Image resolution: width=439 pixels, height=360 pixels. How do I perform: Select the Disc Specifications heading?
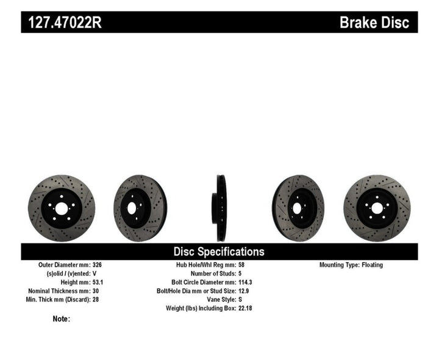click(x=219, y=251)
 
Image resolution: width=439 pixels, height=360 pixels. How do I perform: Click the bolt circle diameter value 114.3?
click(x=245, y=283)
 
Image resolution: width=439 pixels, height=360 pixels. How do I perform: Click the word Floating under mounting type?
click(x=371, y=265)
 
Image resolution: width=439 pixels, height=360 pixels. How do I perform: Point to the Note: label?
click(x=62, y=319)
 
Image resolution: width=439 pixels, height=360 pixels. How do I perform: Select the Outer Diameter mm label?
click(x=64, y=265)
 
